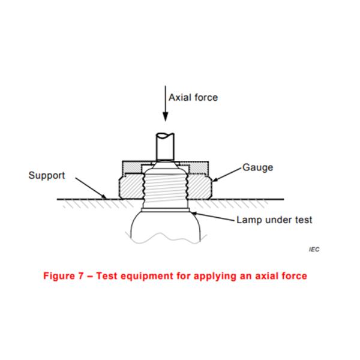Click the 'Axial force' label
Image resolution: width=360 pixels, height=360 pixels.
(x=193, y=97)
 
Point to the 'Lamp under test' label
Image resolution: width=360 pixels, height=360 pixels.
(x=274, y=220)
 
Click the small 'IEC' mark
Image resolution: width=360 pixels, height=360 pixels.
(x=314, y=248)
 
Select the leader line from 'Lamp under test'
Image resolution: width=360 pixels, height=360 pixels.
(x=213, y=217)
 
